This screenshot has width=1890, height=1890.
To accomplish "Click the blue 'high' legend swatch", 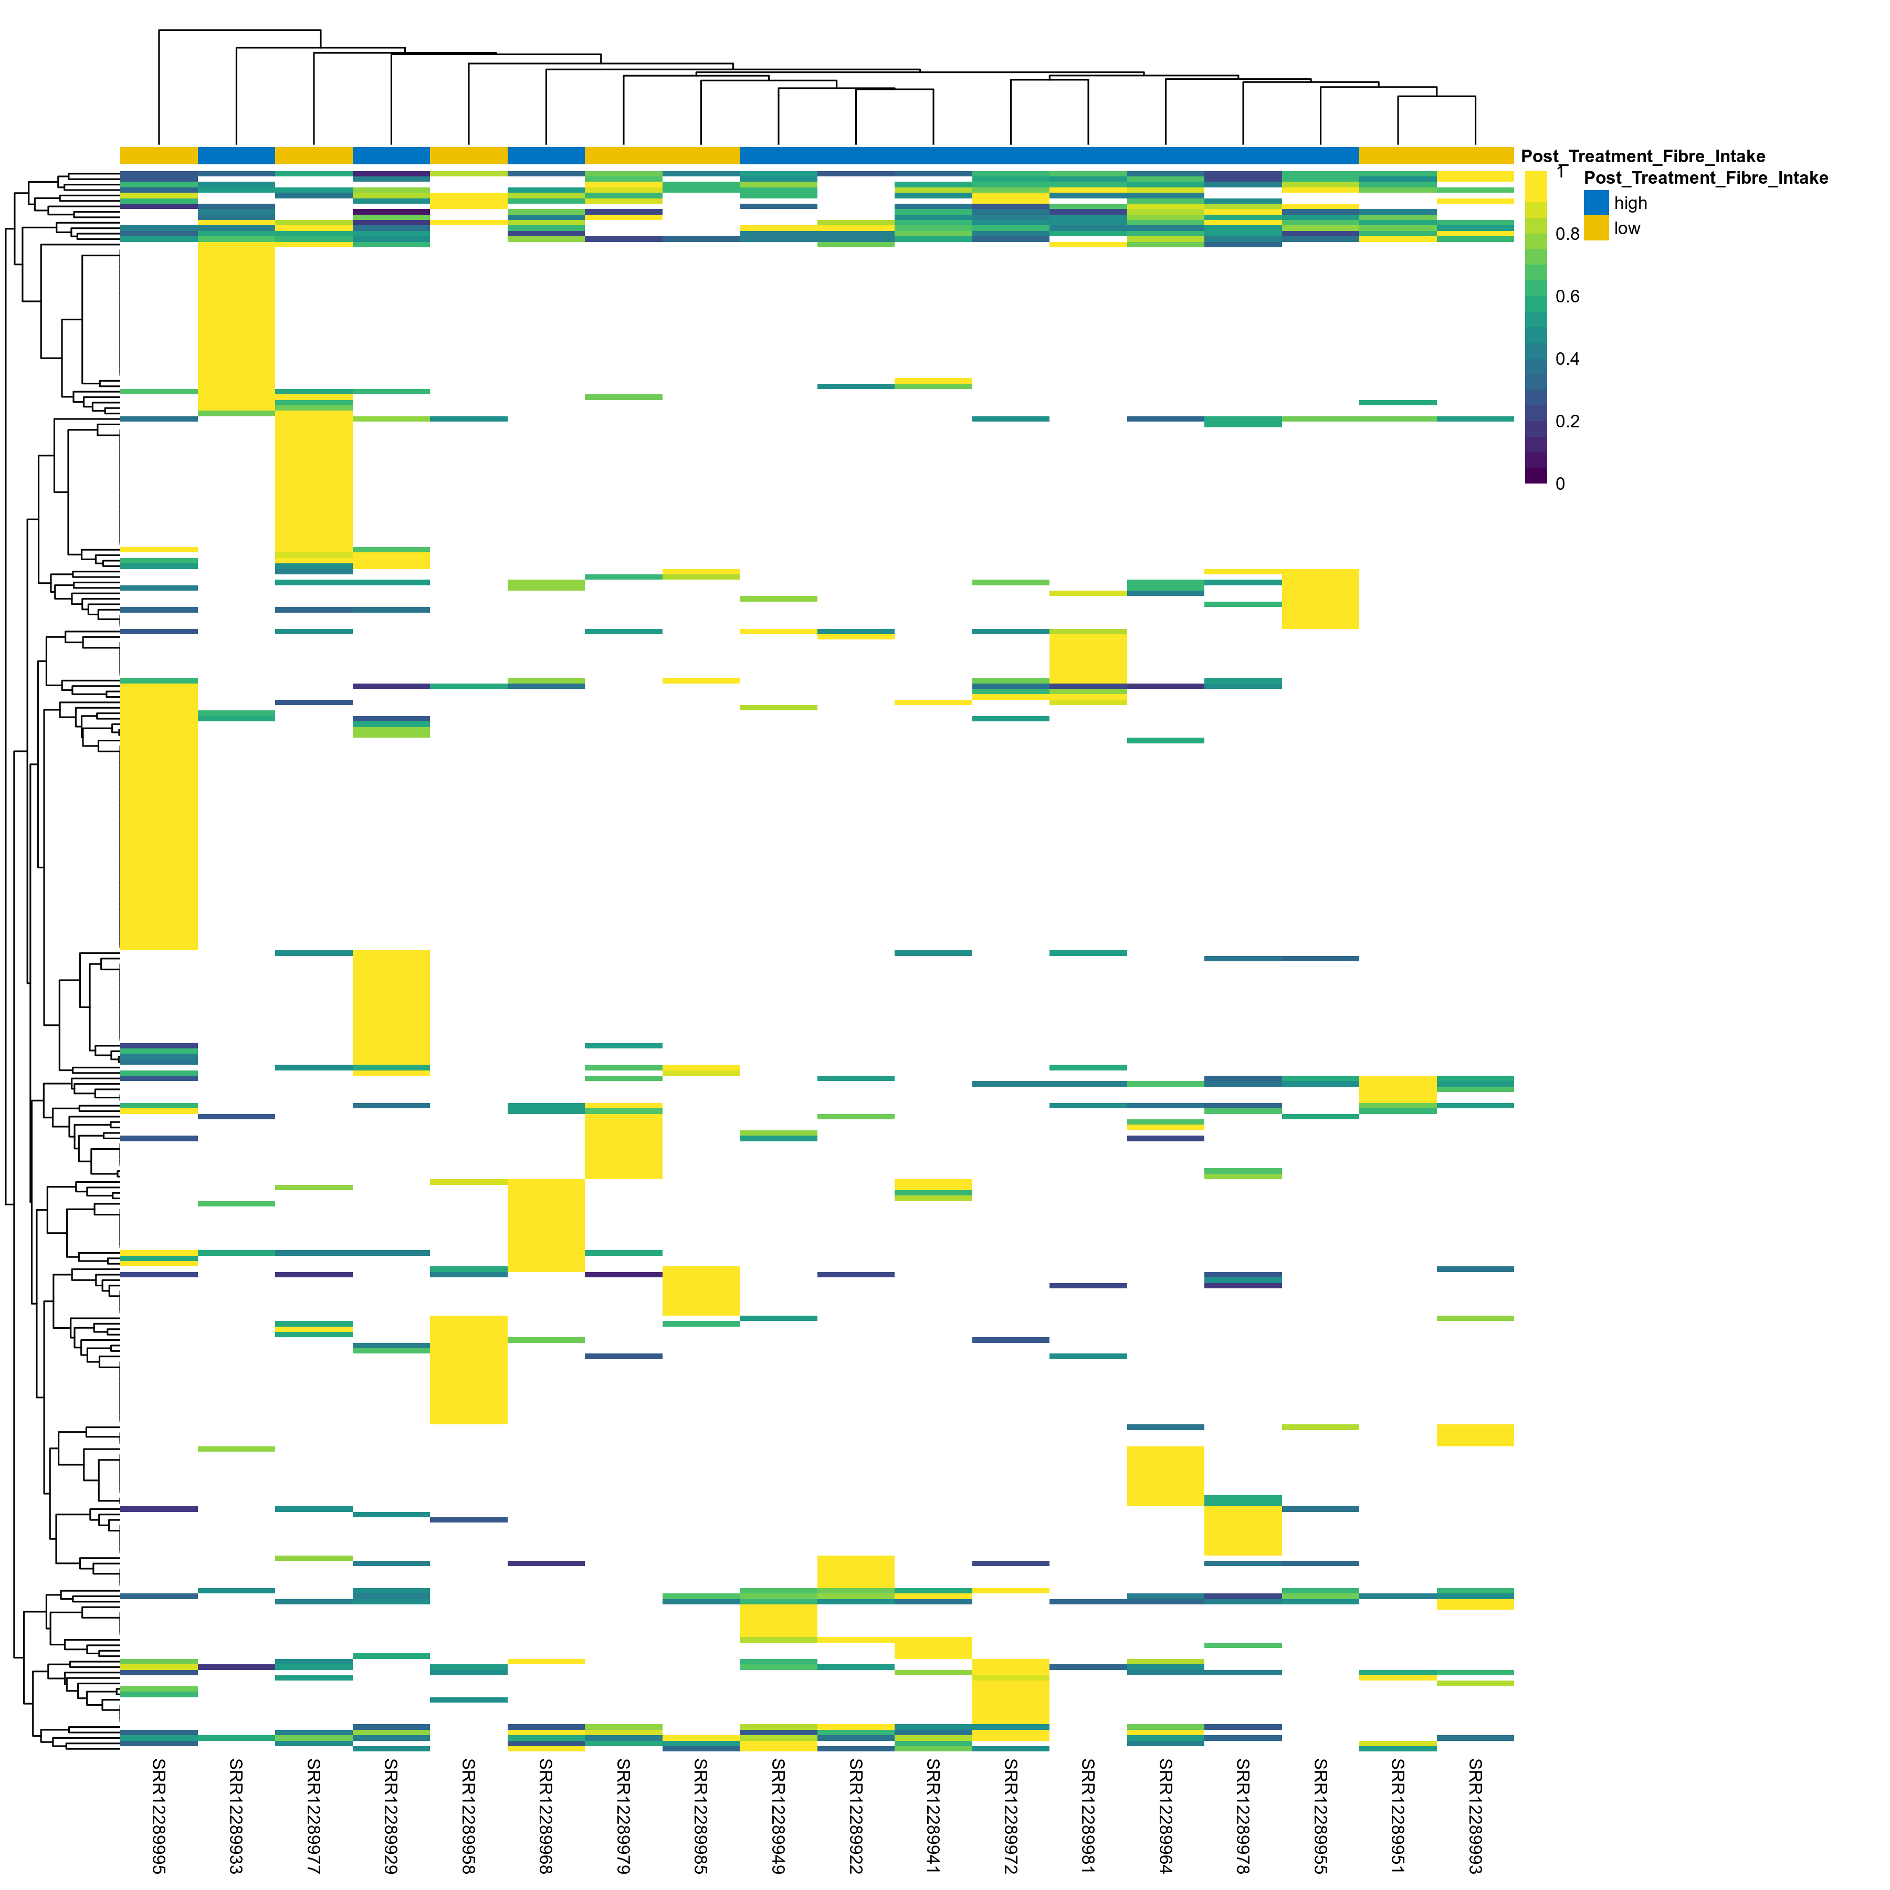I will click(x=1595, y=203).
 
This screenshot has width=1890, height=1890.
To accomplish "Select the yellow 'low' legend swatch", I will click(x=1595, y=228).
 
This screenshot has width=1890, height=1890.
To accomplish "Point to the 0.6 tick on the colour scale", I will click(x=1567, y=297).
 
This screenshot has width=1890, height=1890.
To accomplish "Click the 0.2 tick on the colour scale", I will click(x=1567, y=422).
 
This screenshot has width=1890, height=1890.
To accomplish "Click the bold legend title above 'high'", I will click(x=1705, y=178).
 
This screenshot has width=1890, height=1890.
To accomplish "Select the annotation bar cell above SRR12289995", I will click(x=159, y=155).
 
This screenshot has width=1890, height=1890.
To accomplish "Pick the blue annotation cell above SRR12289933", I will click(x=236, y=155).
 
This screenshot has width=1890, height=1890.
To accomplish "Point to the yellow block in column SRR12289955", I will click(x=1320, y=598).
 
